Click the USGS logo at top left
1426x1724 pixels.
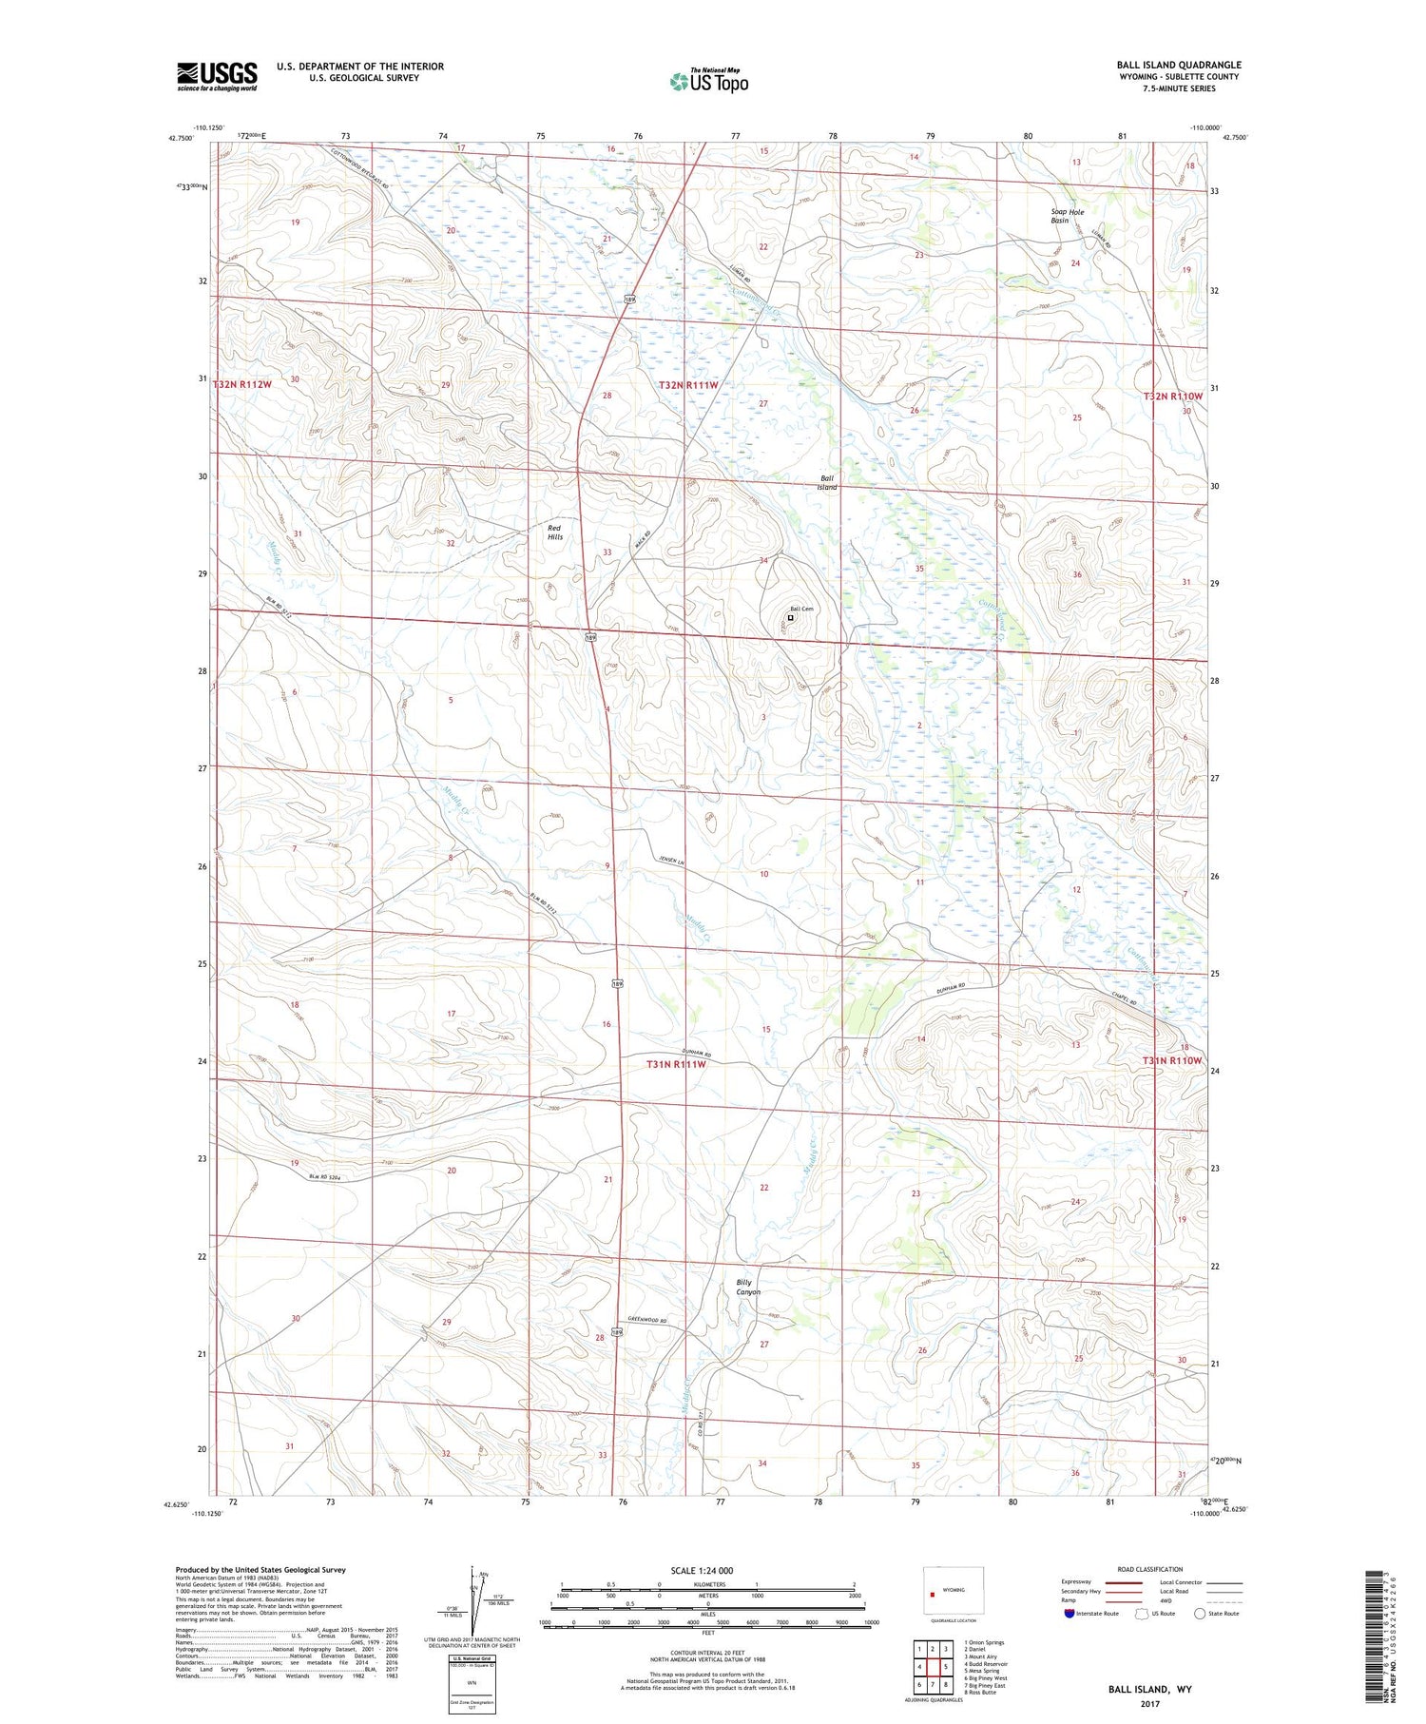pyautogui.click(x=217, y=76)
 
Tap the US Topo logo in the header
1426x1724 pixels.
pyautogui.click(x=708, y=81)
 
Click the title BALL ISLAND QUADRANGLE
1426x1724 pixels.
pyautogui.click(x=1179, y=65)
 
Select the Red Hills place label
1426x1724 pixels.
pyautogui.click(x=554, y=533)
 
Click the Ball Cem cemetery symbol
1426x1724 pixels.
pyautogui.click(x=790, y=617)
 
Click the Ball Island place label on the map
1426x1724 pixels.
pyautogui.click(x=827, y=483)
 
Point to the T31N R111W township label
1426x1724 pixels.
pyautogui.click(x=676, y=1064)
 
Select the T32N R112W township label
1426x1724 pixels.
pyautogui.click(x=242, y=384)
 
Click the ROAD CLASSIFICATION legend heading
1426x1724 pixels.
pyautogui.click(x=1150, y=1569)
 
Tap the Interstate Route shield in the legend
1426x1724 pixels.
pyautogui.click(x=1069, y=1613)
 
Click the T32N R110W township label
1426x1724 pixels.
pyautogui.click(x=1173, y=396)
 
